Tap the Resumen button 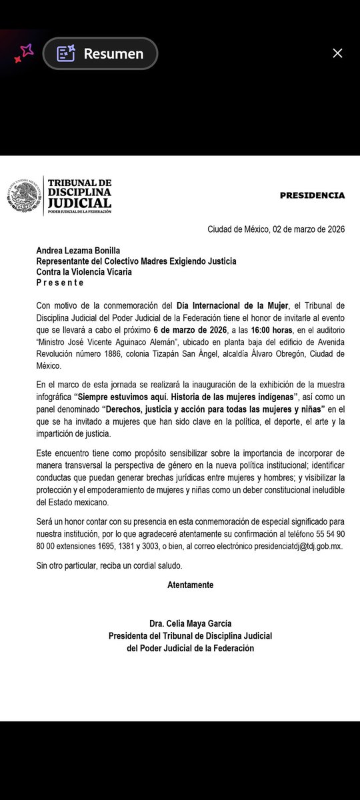click(x=100, y=54)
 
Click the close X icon click(x=337, y=53)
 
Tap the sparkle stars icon click(x=23, y=53)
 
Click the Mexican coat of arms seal click(x=24, y=197)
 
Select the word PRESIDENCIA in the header click(x=312, y=196)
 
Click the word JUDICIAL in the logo click(x=79, y=202)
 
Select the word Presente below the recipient click(x=61, y=283)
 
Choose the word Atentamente click(x=191, y=585)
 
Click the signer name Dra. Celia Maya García click(x=191, y=624)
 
